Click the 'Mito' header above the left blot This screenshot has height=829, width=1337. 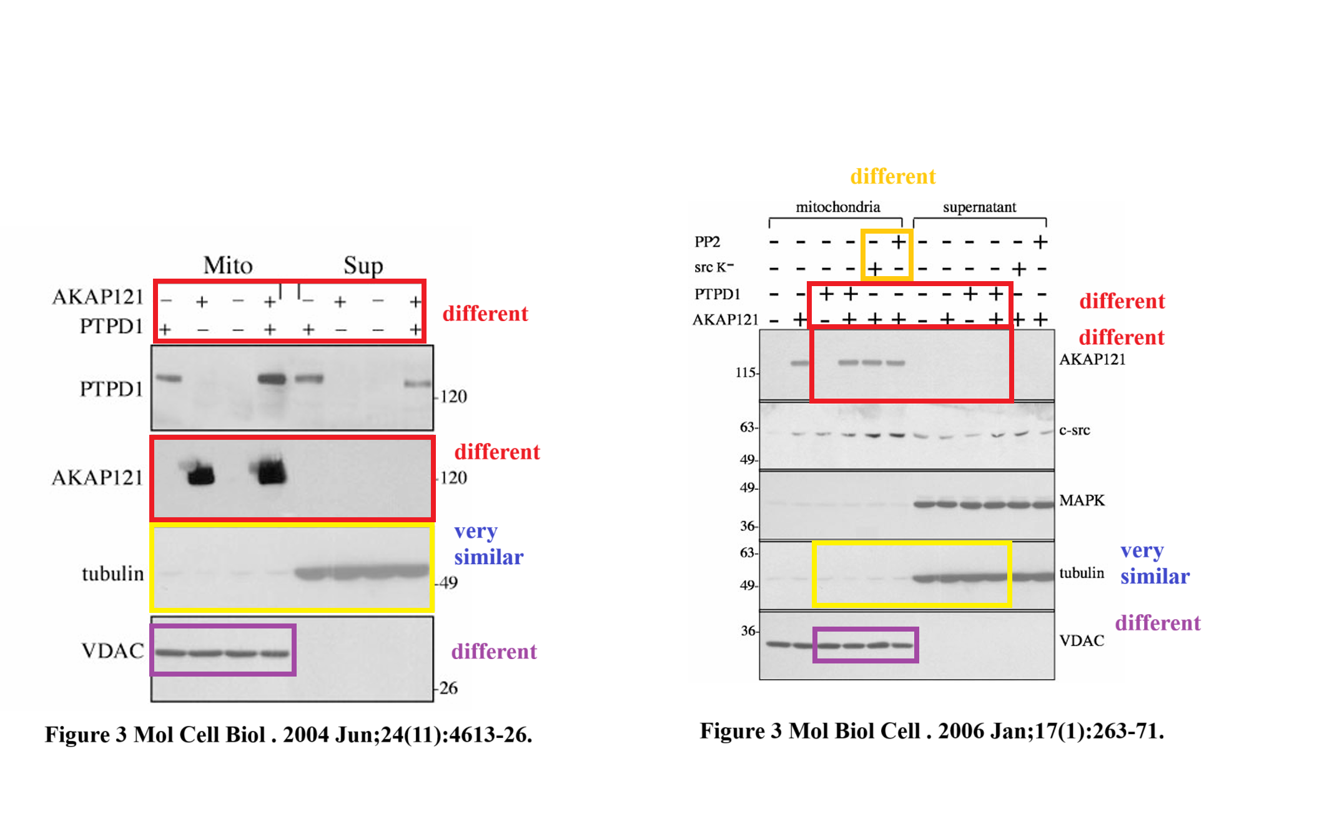pos(228,266)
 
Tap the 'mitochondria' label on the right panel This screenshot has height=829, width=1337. pos(837,207)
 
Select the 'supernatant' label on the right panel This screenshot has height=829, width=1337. pos(979,207)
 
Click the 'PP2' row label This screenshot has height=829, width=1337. pos(708,242)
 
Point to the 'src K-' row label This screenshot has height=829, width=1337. pos(714,267)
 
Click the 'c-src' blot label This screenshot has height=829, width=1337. pos(1075,430)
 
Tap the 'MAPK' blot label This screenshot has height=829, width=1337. pos(1082,500)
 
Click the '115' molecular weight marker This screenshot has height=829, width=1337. pos(746,372)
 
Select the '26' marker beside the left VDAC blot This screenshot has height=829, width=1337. pos(448,688)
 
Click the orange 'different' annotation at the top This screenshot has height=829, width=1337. pos(893,176)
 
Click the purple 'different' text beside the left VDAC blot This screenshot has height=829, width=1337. pos(494,652)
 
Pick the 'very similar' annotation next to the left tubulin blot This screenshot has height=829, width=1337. pos(489,544)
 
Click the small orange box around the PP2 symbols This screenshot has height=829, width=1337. pos(887,254)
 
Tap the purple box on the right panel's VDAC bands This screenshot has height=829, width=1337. pos(866,645)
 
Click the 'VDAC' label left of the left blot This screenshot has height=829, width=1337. pos(113,651)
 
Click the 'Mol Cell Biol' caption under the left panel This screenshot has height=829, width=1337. pos(200,734)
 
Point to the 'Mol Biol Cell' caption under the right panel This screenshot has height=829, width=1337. pos(854,731)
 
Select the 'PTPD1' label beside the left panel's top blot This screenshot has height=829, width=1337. pos(112,389)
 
